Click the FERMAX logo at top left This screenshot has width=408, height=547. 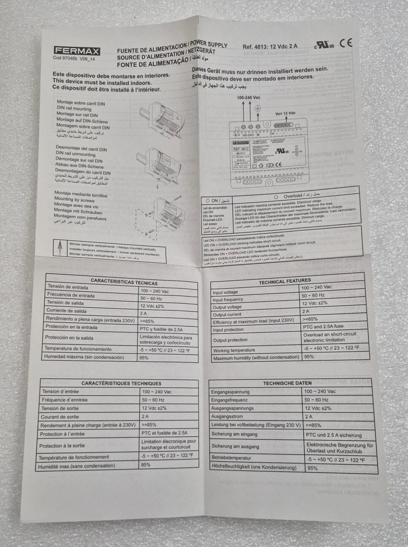point(76,51)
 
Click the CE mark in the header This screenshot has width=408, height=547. point(346,43)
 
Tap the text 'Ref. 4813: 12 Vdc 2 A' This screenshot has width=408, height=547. point(270,46)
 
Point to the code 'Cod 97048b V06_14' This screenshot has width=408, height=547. point(74,59)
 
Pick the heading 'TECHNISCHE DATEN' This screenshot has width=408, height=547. point(287,383)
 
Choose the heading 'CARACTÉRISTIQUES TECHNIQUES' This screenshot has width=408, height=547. point(121,383)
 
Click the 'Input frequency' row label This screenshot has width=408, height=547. point(228,299)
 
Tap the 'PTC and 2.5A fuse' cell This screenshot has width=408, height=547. point(323,326)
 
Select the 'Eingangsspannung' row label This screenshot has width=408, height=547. point(231,392)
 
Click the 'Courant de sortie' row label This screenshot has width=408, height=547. point(60,417)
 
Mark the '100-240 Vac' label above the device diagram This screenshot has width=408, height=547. point(248,97)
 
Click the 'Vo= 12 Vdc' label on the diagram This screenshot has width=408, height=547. point(285,113)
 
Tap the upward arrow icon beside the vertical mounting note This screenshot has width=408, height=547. point(60,247)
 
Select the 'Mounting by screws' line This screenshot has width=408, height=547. point(74,199)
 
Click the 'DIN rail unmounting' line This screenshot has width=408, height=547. point(75,154)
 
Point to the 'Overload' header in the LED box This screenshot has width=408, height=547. point(293,196)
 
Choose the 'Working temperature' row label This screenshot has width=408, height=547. point(234,350)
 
